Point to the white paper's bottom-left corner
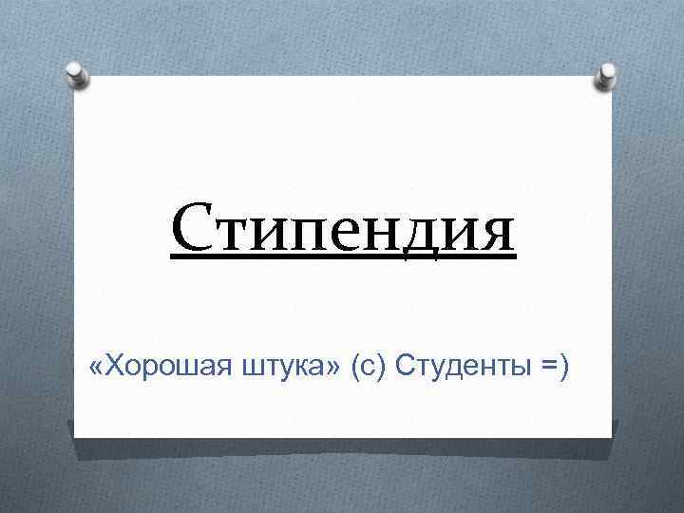(x=75, y=436)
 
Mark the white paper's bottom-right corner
(x=611, y=437)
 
